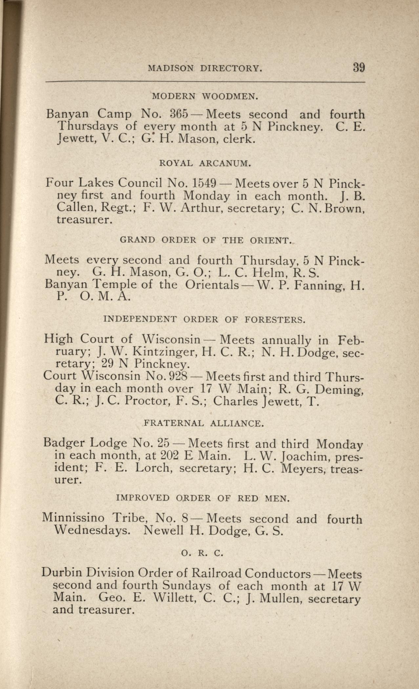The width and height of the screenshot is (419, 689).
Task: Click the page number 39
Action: click(x=359, y=67)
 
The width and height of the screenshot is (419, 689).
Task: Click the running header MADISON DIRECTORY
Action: click(x=205, y=68)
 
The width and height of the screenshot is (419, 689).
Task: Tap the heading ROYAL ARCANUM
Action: click(x=205, y=163)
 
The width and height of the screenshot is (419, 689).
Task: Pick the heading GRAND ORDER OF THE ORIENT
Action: click(x=205, y=240)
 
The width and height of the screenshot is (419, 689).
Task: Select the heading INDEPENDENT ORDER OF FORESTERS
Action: click(x=204, y=319)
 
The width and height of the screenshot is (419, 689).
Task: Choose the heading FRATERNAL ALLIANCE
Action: click(x=204, y=423)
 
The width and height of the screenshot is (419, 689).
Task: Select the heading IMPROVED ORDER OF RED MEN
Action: click(x=203, y=498)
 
